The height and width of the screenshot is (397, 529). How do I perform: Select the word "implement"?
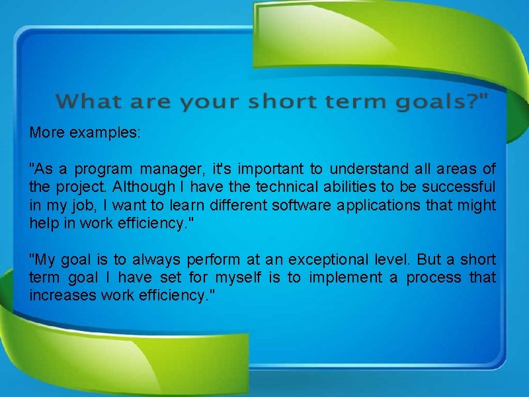[x=342, y=277]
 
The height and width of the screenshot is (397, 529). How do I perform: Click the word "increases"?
[x=63, y=294]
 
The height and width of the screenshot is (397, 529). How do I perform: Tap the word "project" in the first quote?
[x=74, y=187]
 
